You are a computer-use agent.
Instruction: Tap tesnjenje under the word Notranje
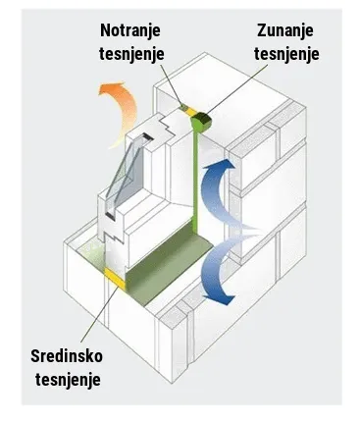[x=134, y=56]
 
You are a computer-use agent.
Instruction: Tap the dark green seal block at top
[x=203, y=118]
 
